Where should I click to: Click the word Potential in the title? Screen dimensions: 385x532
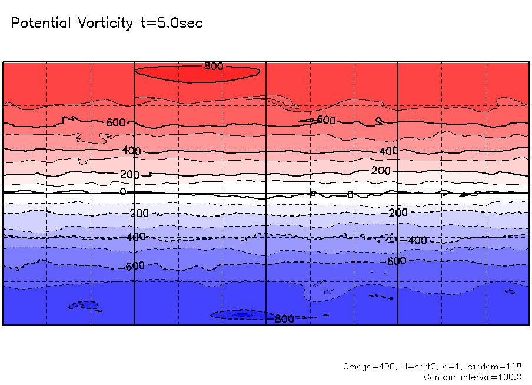42,24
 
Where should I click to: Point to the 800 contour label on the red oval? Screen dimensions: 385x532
214,66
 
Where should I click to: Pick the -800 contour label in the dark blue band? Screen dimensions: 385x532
283,319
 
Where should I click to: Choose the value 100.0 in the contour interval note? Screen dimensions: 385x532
510,377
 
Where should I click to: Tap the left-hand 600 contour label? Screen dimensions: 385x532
116,122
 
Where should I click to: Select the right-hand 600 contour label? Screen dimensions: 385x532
326,120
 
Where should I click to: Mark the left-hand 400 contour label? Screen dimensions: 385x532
132,151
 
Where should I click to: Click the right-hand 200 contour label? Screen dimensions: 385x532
381,171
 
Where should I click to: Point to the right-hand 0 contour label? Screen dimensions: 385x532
350,195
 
